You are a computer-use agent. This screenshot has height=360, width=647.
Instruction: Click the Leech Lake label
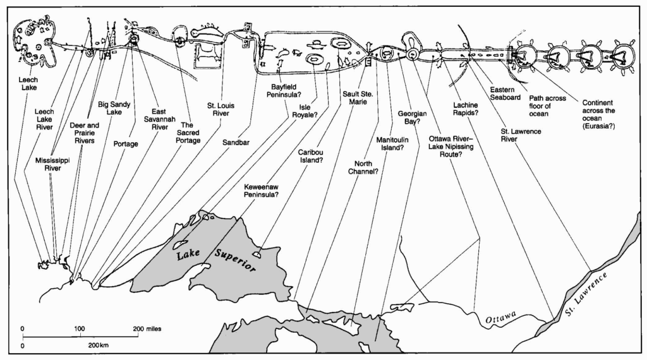pos(28,84)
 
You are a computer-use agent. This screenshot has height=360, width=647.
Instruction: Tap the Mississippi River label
pos(52,164)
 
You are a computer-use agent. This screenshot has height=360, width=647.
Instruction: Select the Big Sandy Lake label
pos(114,108)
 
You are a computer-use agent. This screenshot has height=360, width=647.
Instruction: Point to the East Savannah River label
pos(159,119)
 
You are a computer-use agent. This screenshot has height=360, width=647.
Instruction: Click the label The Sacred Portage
pos(188,133)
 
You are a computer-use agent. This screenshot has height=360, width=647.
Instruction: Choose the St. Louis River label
pos(221,110)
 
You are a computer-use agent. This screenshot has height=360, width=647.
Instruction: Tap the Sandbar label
pos(236,143)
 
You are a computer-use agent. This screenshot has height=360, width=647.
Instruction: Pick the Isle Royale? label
pos(305,111)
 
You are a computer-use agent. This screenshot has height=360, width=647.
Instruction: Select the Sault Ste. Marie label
pos(358,98)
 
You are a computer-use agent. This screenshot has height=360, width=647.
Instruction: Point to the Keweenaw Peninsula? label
pos(261,191)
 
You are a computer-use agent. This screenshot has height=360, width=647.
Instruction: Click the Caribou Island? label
pos(311,156)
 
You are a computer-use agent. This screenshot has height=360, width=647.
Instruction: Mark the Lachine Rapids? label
pos(466,109)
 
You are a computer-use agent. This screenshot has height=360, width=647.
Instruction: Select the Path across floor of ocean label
pos(548,106)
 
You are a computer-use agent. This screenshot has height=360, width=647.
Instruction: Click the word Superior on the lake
pos(235,261)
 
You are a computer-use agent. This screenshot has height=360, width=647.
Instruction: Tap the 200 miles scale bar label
pos(147,328)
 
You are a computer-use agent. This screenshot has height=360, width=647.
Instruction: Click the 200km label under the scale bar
pos(98,345)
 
